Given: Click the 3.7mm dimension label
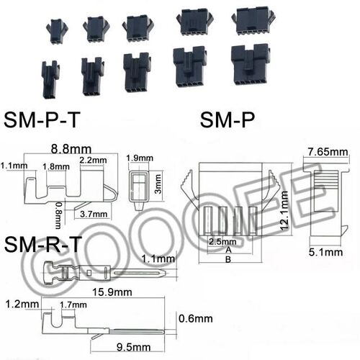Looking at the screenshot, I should [94, 215].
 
